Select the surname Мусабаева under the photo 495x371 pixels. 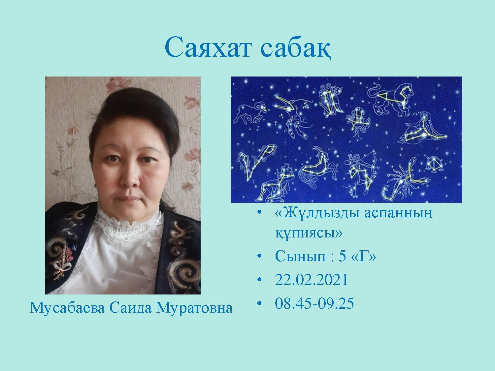point(67,308)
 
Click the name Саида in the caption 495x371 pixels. point(131,308)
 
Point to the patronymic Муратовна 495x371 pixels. point(194,308)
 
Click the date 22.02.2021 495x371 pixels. point(311,280)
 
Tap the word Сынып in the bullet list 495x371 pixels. point(300,256)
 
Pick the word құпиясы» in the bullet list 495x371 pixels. point(309,233)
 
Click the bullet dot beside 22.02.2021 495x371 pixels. point(260,280)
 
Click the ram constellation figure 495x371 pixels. point(249,114)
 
